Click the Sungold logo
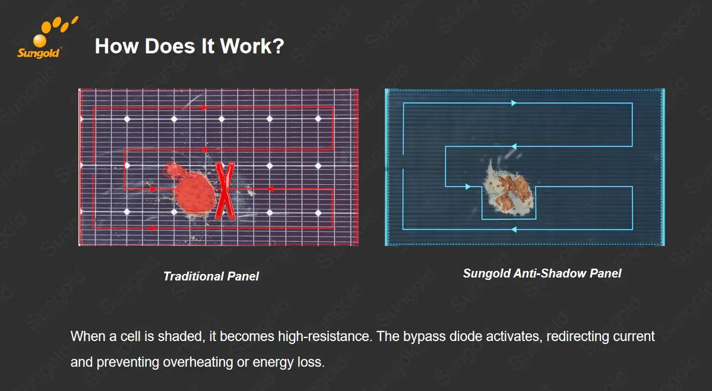(43, 39)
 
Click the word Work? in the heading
(252, 46)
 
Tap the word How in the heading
(116, 46)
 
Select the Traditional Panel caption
(211, 276)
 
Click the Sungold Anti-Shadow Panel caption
(542, 273)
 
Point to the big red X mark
(224, 191)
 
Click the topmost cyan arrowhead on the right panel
(514, 103)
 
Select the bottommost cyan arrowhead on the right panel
(514, 229)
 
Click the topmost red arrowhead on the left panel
(204, 108)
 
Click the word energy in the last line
(274, 363)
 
